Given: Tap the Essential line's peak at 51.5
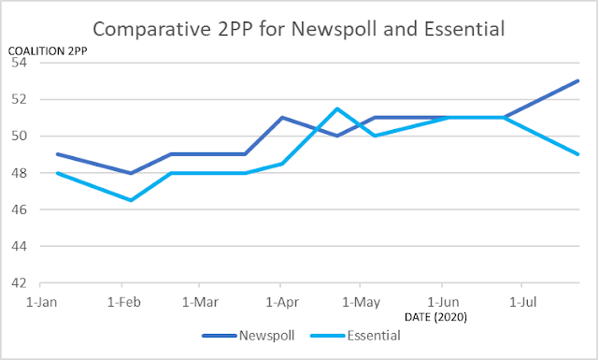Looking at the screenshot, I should pos(337,108).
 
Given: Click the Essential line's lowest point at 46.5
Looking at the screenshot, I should pos(132,200).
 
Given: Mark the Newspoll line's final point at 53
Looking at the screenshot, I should pos(579,80).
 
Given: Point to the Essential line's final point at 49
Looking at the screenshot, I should pos(579,154).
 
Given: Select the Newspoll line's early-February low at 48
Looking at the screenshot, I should pos(132,173).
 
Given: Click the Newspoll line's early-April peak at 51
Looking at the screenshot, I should pos(282,118).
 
